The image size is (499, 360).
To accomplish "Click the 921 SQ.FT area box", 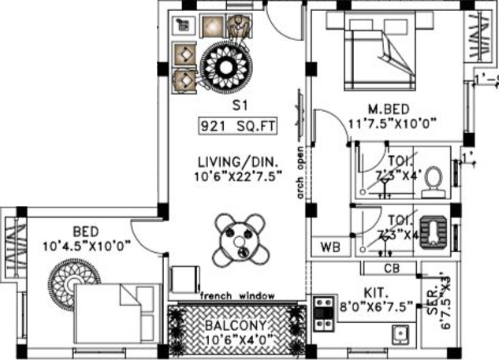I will click(x=230, y=124).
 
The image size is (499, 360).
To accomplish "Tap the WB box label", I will click(x=330, y=247).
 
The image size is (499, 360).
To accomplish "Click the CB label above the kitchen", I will click(x=393, y=269).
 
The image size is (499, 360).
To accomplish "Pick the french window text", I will click(x=236, y=295).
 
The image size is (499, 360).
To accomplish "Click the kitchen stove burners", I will click(x=322, y=312).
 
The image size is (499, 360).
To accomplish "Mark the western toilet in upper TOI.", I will click(x=433, y=182).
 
